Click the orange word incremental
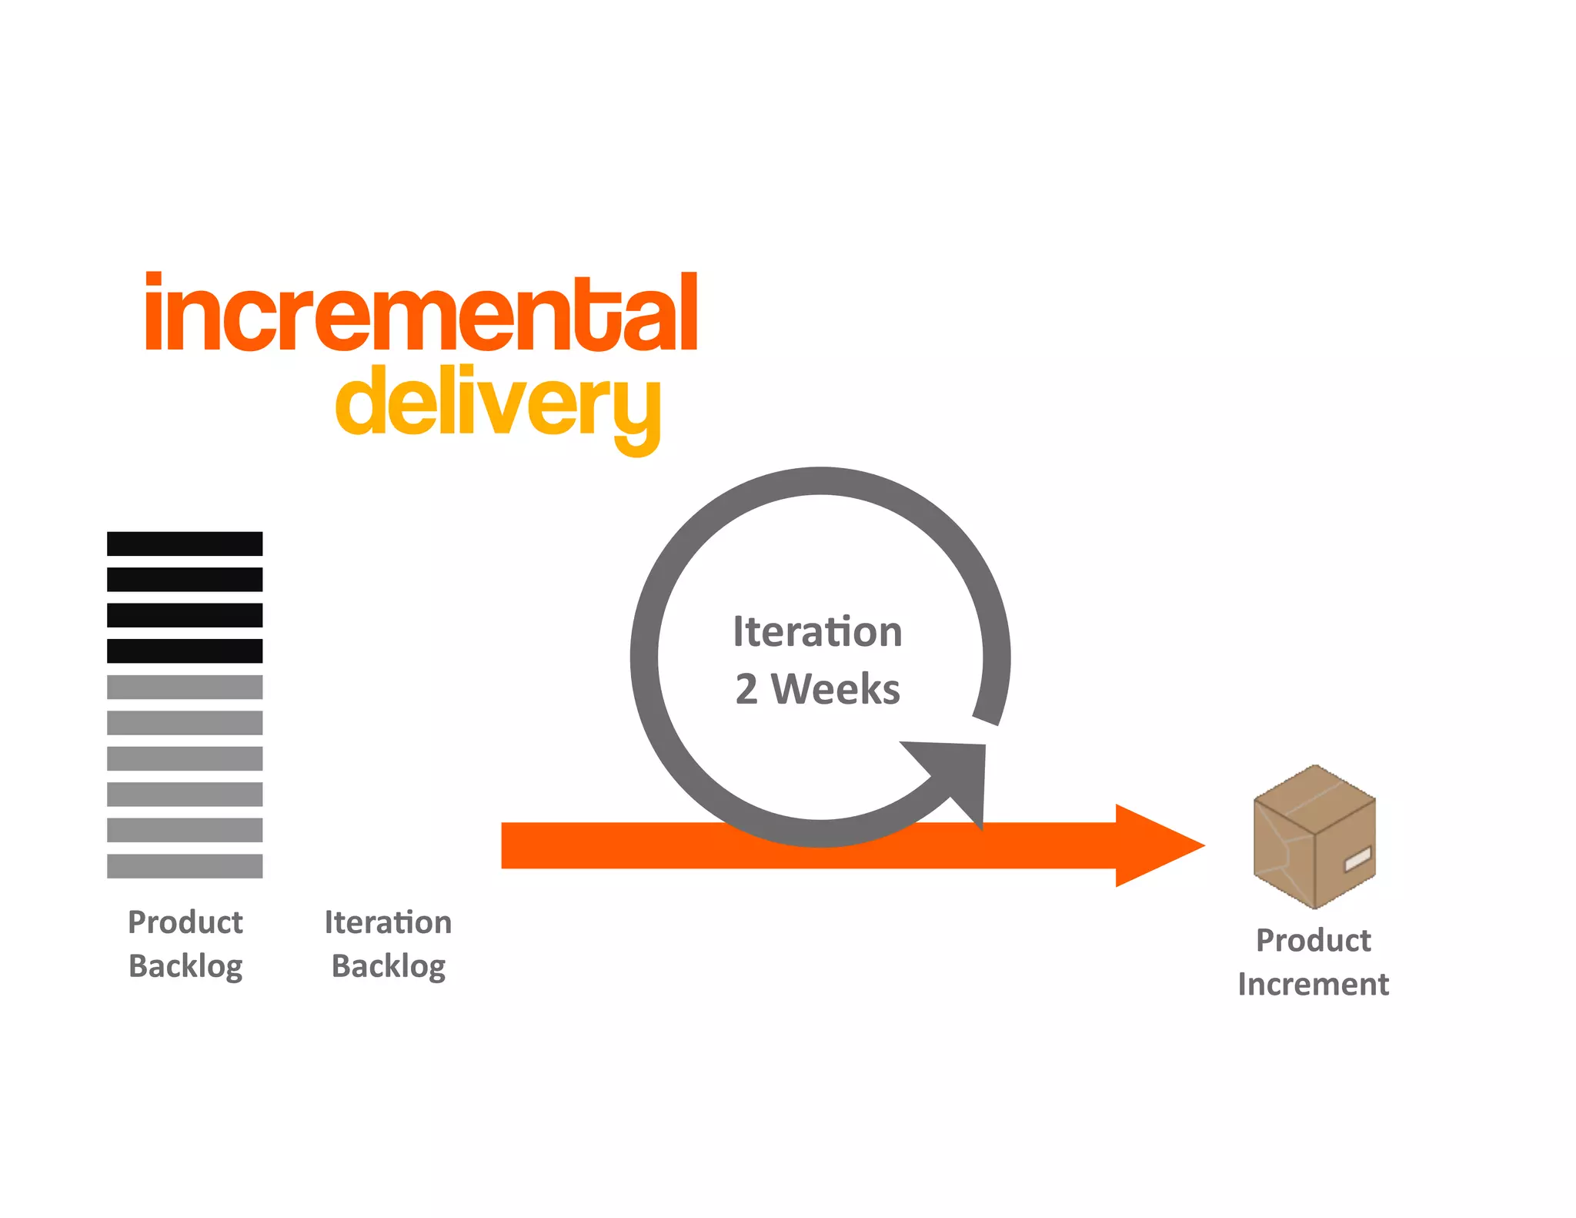pos(421,313)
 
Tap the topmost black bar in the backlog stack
pos(185,544)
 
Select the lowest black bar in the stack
pos(185,651)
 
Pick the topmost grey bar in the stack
pos(185,687)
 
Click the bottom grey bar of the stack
pos(185,865)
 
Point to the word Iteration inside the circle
pos(817,632)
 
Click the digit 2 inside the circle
pos(746,689)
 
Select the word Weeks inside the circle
pos(836,689)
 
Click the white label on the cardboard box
pos(1357,858)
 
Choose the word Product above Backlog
pos(185,922)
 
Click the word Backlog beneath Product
pos(185,966)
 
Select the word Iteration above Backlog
pos(388,922)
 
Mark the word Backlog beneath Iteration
pos(389,966)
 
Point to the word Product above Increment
pos(1314,940)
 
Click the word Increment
pos(1314,984)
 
